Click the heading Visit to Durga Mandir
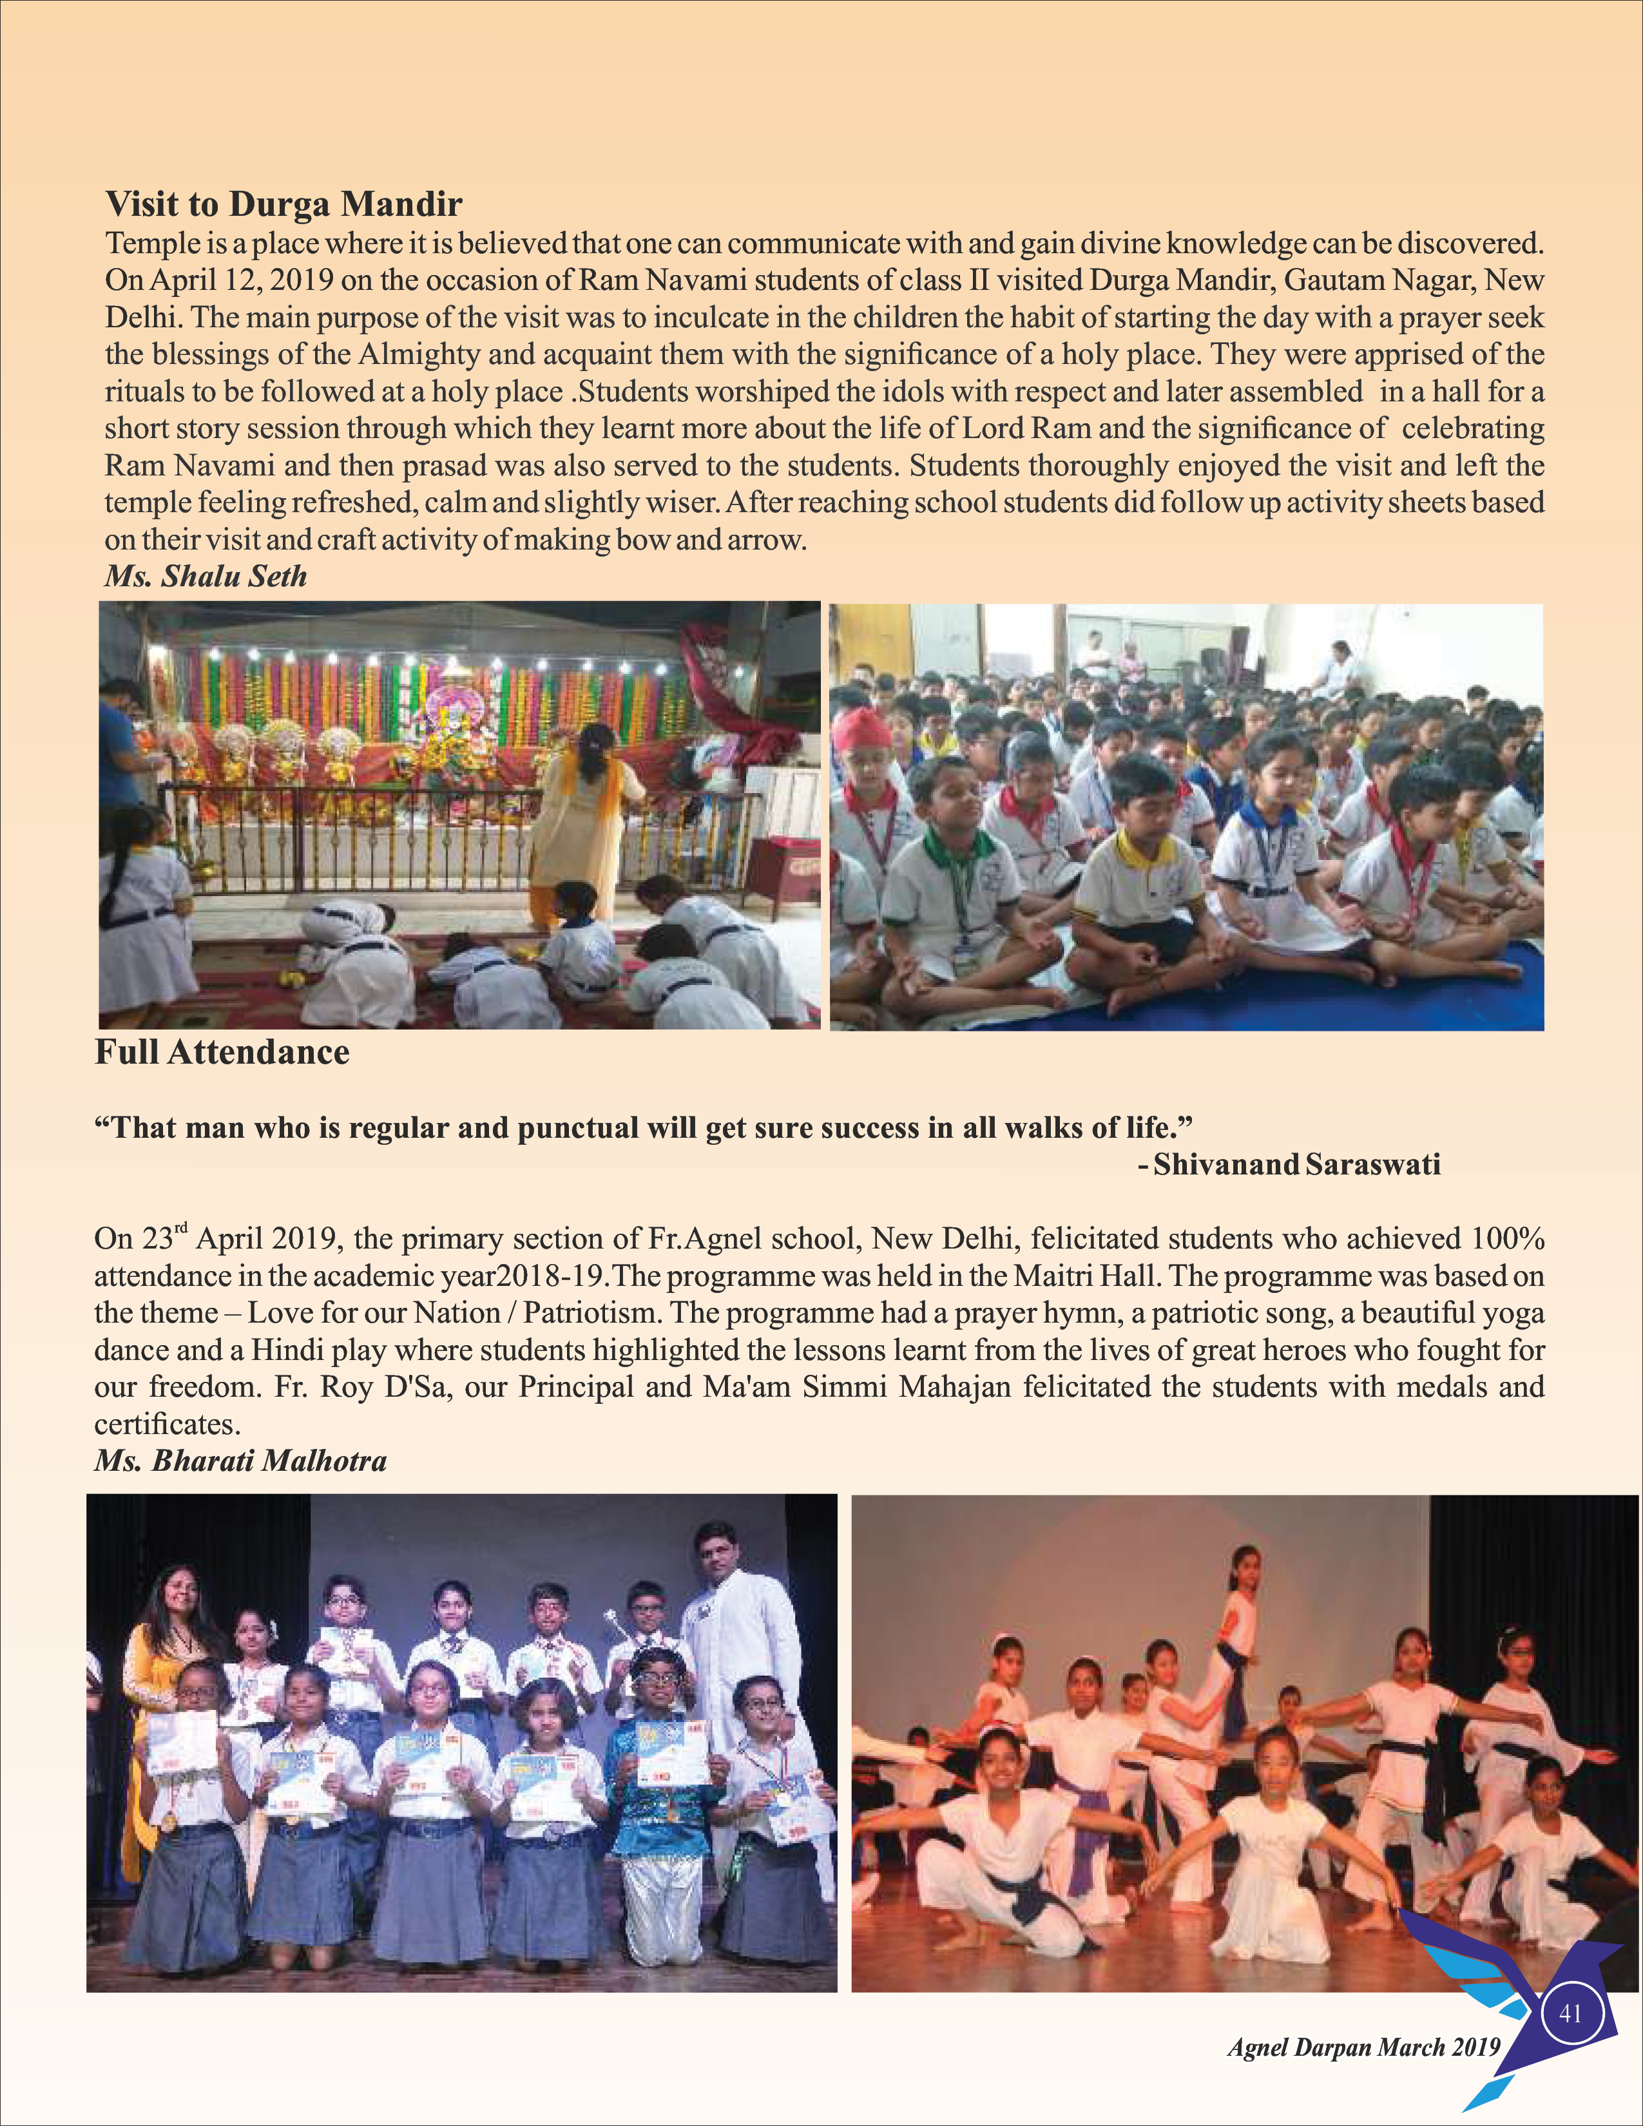tap(283, 204)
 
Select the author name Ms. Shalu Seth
tap(206, 577)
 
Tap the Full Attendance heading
tap(222, 1052)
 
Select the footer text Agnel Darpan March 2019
tap(1363, 2047)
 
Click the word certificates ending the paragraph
tap(166, 1424)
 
